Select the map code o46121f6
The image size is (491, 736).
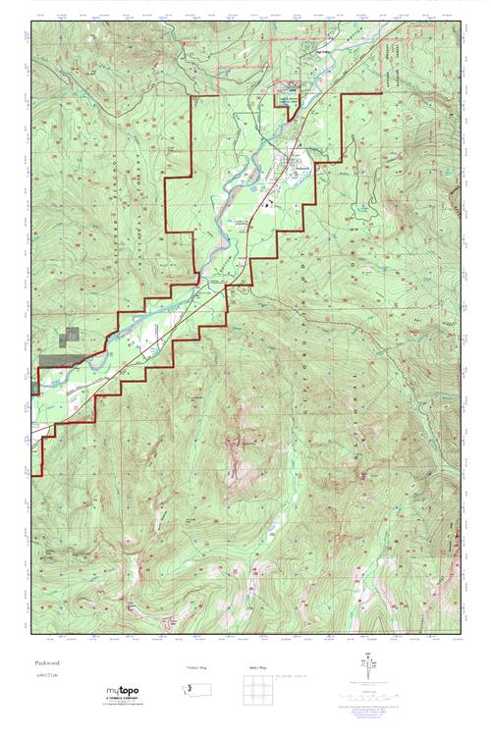[47, 677]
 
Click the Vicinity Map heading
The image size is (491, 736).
[197, 666]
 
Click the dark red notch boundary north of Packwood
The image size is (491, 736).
[292, 110]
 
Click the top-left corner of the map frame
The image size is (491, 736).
[31, 18]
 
